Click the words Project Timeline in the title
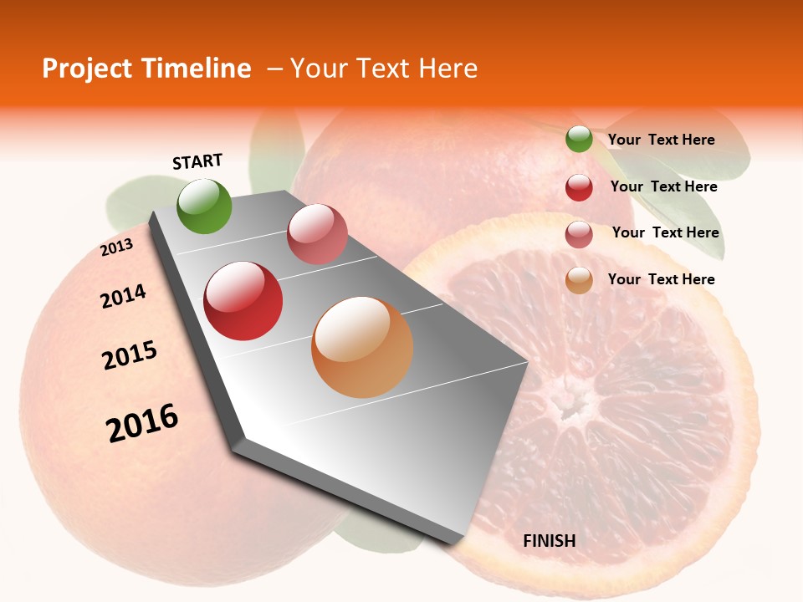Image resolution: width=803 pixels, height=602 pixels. (146, 69)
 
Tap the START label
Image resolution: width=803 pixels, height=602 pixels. (197, 161)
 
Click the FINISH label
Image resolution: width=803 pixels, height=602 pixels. (550, 541)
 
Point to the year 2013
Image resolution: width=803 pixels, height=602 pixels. (116, 247)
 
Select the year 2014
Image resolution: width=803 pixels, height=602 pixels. (123, 296)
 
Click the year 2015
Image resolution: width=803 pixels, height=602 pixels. (130, 355)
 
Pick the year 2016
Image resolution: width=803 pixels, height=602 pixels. (142, 423)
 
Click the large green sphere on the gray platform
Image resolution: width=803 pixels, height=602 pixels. (205, 206)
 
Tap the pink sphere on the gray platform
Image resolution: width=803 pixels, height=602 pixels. (317, 234)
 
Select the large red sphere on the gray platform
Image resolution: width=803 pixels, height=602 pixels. (243, 301)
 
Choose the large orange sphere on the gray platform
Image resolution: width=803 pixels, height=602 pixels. (362, 347)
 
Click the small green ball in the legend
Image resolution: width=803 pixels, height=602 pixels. (579, 139)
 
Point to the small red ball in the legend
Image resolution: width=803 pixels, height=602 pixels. (579, 187)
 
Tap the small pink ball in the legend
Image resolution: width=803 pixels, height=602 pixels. (579, 234)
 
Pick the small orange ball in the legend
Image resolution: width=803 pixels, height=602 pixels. (579, 280)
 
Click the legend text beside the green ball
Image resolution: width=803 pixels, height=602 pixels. (662, 140)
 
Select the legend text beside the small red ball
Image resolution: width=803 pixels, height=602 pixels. (664, 186)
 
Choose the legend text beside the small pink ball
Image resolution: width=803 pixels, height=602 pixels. (666, 232)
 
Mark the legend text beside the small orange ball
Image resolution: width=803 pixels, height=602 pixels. (662, 279)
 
